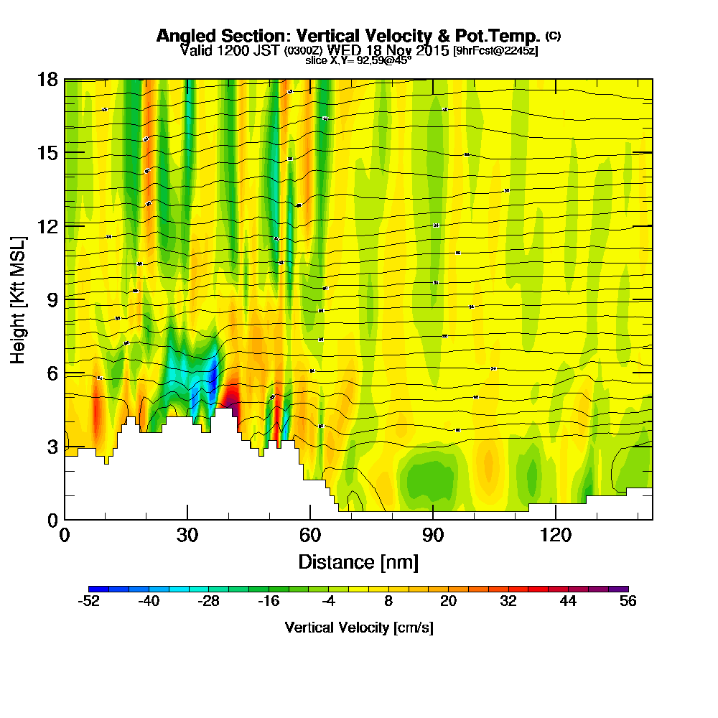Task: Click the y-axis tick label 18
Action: [x=47, y=79]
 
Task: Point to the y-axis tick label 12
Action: [x=47, y=225]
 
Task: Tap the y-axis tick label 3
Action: [x=52, y=446]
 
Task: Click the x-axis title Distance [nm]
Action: [x=358, y=561]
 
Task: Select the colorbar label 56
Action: [x=628, y=602]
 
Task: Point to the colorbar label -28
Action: [x=208, y=602]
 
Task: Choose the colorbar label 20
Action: [x=449, y=602]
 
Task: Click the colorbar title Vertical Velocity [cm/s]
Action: [x=358, y=628]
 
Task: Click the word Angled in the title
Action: [x=182, y=36]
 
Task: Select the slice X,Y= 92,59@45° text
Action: [x=358, y=60]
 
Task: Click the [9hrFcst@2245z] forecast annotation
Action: [x=495, y=51]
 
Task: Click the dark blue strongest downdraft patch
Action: [x=213, y=375]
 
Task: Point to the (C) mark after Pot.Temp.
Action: [x=554, y=35]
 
